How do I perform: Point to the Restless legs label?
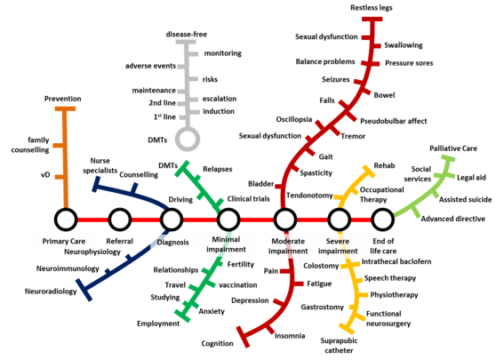click(372, 8)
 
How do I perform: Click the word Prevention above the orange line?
click(63, 99)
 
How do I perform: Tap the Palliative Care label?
click(453, 148)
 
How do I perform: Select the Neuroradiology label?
click(51, 292)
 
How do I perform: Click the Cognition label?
click(217, 344)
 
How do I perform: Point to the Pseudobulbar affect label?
click(394, 121)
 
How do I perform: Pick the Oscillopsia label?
click(294, 120)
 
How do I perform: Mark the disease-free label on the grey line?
click(187, 35)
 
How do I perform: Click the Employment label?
click(158, 324)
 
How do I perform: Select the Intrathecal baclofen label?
click(396, 261)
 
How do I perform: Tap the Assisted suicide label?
click(466, 200)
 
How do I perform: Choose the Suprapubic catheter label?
click(339, 346)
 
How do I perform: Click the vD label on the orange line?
click(45, 175)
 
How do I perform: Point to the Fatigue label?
click(319, 284)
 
